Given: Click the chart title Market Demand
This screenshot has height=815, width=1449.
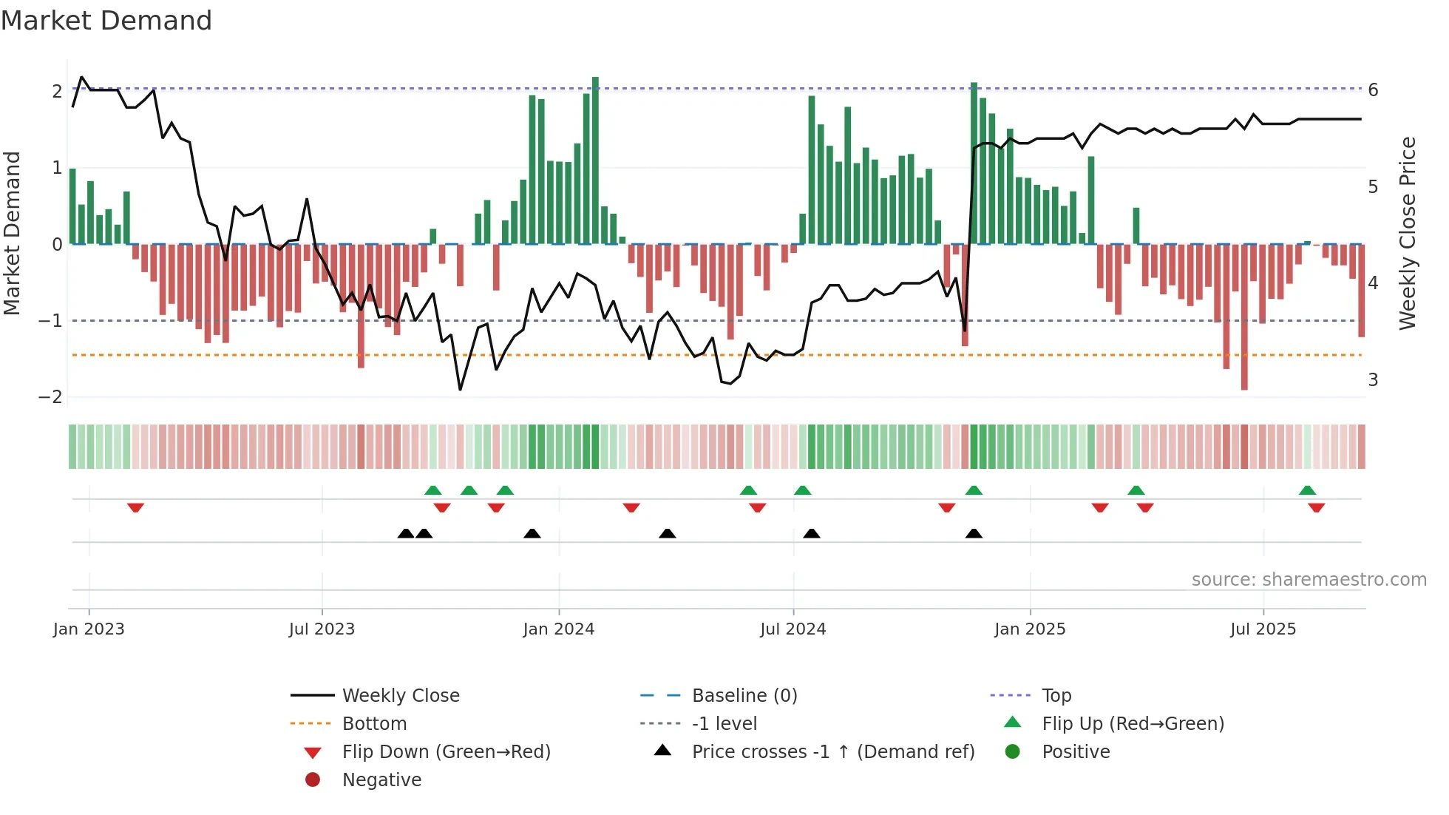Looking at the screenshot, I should coord(106,21).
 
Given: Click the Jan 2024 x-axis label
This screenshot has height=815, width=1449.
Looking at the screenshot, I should coord(558,629).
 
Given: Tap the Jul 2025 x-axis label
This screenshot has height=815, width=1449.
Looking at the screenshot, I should coord(1263,629).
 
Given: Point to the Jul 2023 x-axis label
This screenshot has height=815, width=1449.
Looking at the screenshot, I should coord(322,629).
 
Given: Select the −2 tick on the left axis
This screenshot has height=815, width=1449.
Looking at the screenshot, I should coord(50,397).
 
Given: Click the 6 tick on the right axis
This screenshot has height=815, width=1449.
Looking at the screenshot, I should coord(1373,90).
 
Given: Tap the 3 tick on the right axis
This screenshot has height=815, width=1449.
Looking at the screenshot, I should coord(1373,380).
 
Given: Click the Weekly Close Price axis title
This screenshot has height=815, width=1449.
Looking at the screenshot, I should coord(1408,233).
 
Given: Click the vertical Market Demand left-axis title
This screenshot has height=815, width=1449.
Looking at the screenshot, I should coord(13,233).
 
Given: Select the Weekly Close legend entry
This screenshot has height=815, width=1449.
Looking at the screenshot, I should coord(400,696).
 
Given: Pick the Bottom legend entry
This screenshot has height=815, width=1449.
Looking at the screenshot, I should coord(374,724).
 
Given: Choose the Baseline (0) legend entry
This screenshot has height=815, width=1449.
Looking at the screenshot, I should coord(744,696).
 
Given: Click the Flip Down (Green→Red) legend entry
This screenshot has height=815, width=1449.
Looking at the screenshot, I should coord(446,752).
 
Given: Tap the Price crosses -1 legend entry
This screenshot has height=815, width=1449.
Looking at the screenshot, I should coord(832,752).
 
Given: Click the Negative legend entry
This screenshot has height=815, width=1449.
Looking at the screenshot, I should coord(381,780).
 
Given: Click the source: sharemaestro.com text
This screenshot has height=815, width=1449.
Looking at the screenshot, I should coord(1309,580).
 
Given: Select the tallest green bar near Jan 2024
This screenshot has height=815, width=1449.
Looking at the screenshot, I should coord(595,160).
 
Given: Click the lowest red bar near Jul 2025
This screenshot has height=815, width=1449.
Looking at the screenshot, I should coord(1244,318).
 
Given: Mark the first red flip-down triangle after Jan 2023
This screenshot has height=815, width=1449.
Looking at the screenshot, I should coord(135,507).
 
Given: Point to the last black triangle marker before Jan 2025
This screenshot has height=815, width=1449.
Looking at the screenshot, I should coord(974,533).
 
